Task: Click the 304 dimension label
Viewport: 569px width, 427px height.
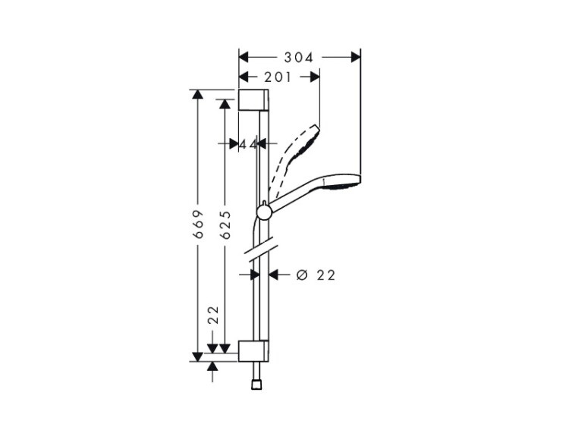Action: coord(298,58)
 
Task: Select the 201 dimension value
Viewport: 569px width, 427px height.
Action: coord(278,77)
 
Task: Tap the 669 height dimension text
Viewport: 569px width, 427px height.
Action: coord(198,224)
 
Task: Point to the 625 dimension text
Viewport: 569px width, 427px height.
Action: coord(225,225)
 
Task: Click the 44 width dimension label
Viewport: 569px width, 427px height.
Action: coord(249,144)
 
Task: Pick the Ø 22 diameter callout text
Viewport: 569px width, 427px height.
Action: coord(316,275)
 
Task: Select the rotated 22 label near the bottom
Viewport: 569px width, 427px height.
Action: coord(213,315)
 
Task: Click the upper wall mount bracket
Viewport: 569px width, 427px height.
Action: coord(253,99)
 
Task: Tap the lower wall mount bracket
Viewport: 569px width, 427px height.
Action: coord(253,351)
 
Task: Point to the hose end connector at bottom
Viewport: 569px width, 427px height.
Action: coord(256,385)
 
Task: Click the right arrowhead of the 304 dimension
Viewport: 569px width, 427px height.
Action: coord(355,58)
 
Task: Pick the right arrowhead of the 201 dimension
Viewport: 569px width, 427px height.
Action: coord(315,77)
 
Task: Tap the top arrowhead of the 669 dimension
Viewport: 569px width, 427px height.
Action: coord(198,94)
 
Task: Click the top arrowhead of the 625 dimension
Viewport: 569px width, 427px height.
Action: coord(225,104)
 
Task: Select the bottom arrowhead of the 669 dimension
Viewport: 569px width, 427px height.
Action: coord(198,357)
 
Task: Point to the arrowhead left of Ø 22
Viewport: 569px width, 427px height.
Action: coord(255,275)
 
